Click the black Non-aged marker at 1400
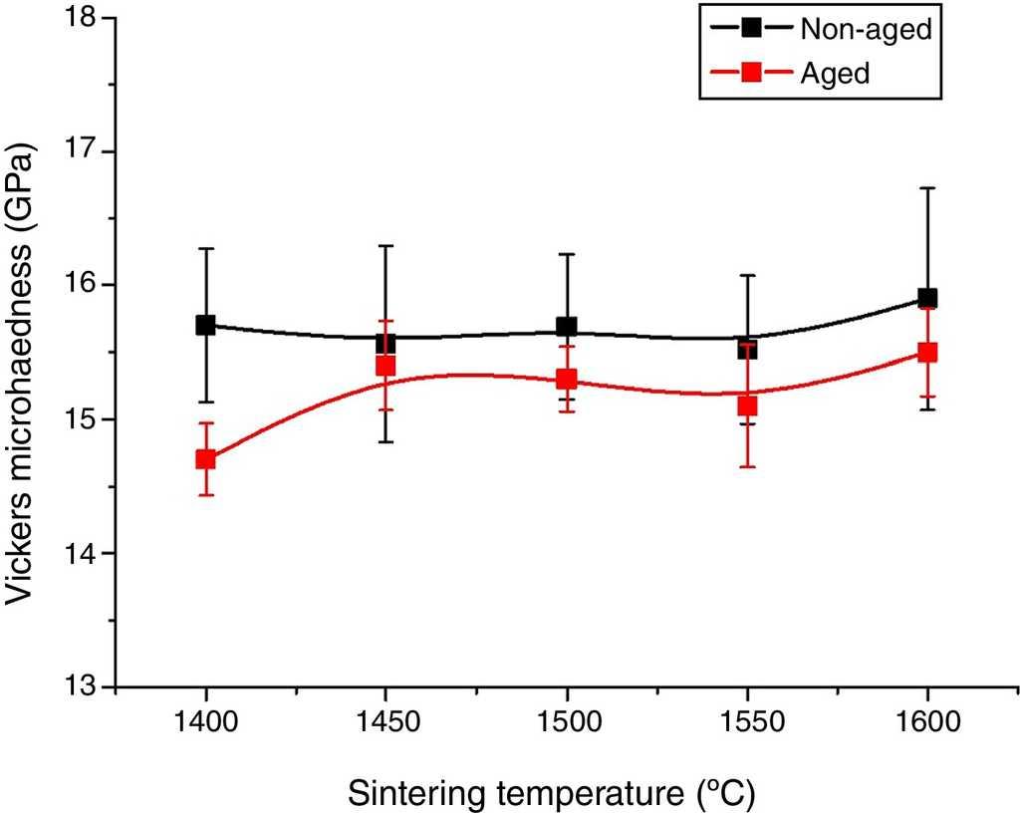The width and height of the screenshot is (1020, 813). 206,325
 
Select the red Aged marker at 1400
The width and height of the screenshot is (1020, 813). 206,459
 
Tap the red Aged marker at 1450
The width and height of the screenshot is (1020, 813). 386,366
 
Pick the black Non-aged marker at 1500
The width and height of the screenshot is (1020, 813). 567,327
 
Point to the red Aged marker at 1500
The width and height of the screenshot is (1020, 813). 567,379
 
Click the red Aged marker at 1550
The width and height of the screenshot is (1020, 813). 747,406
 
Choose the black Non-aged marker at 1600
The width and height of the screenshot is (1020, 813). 927,298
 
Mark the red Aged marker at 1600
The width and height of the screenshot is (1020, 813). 927,352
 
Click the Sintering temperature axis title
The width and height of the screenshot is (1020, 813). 551,793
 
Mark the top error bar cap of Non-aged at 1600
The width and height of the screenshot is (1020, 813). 927,187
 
